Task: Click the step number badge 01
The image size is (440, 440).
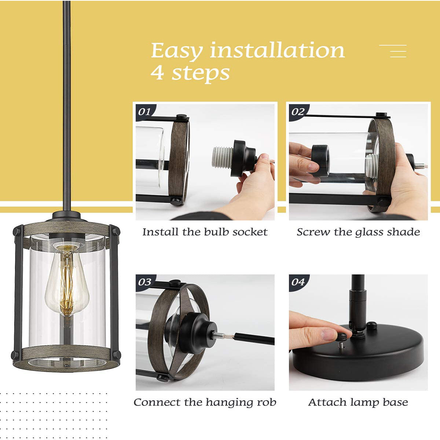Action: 145,112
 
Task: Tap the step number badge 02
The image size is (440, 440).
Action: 298,112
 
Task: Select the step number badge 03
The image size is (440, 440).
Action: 145,282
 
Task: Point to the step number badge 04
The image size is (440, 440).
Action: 298,282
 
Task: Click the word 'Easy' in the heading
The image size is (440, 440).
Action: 177,51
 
